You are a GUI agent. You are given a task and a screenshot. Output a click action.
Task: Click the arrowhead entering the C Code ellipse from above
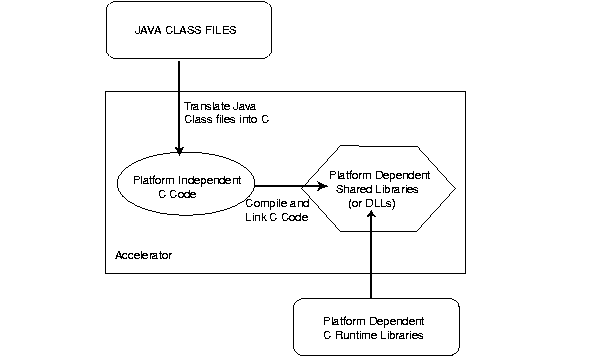(x=180, y=151)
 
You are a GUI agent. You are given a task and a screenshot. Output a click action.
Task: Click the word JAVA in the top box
(x=150, y=31)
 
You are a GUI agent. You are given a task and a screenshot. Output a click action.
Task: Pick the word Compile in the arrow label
(x=265, y=203)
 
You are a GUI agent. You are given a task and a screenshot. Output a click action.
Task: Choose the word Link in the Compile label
(x=258, y=217)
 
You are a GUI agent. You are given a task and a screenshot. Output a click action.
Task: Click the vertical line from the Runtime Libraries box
(x=371, y=260)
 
